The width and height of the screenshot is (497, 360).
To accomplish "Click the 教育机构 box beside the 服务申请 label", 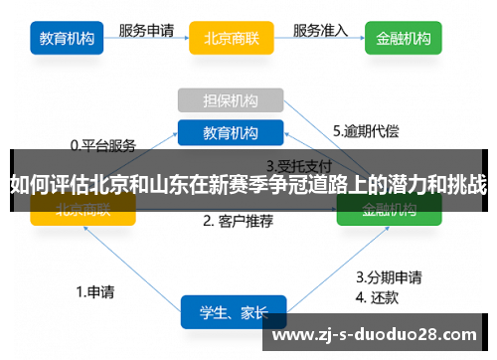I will coord(68,40).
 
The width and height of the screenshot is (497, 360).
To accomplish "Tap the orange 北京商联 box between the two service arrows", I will coord(231,40).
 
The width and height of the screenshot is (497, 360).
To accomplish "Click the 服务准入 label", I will coord(320,30).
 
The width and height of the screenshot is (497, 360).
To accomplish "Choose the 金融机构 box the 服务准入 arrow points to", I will coord(404,40).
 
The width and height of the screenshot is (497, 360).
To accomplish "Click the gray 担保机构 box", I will coord(231,100).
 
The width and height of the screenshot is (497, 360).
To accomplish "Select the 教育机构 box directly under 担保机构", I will coord(231,132).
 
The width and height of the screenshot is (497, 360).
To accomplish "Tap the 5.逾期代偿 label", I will coord(366,130).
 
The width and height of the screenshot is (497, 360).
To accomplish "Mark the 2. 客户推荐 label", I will coord(238,221).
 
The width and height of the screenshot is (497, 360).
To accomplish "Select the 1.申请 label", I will coord(95,292).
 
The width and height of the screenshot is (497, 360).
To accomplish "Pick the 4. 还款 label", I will coord(379,295).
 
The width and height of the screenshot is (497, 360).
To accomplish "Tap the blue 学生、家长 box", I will coord(233,312).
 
